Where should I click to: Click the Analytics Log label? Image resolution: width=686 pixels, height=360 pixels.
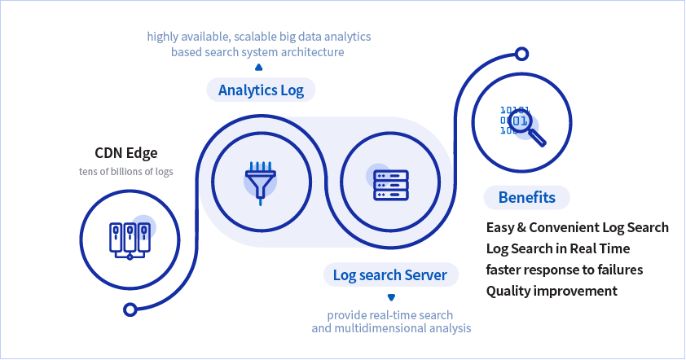click(261, 90)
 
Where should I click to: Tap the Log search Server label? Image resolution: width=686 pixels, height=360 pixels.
click(389, 275)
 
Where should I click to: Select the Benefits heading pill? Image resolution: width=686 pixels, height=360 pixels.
click(526, 198)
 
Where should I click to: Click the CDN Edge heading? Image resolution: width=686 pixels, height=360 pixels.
click(125, 152)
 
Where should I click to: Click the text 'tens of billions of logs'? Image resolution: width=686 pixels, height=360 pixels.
click(125, 172)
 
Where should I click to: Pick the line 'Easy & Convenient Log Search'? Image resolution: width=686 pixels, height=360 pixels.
click(577, 227)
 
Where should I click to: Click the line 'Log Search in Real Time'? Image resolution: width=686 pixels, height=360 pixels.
click(557, 248)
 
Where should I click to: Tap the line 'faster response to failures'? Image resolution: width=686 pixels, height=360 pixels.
click(565, 270)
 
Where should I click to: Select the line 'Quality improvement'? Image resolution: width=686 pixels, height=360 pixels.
click(552, 291)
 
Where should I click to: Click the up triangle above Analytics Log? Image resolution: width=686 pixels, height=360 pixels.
click(259, 68)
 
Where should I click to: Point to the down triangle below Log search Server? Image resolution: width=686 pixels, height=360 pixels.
click(390, 297)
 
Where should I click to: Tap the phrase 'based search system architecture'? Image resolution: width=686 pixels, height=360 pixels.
click(257, 52)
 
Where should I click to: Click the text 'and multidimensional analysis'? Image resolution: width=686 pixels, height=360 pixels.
click(391, 328)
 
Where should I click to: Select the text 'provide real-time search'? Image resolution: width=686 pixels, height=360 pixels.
click(390, 314)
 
